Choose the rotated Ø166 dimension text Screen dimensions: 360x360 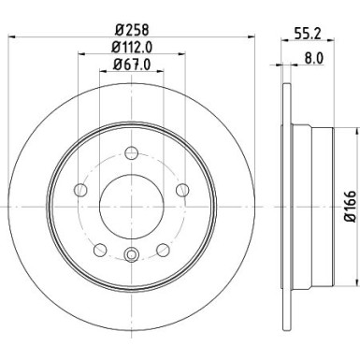pos(348,204)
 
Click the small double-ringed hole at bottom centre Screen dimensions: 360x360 pos(131,253)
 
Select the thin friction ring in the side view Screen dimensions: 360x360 pos(283,204)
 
